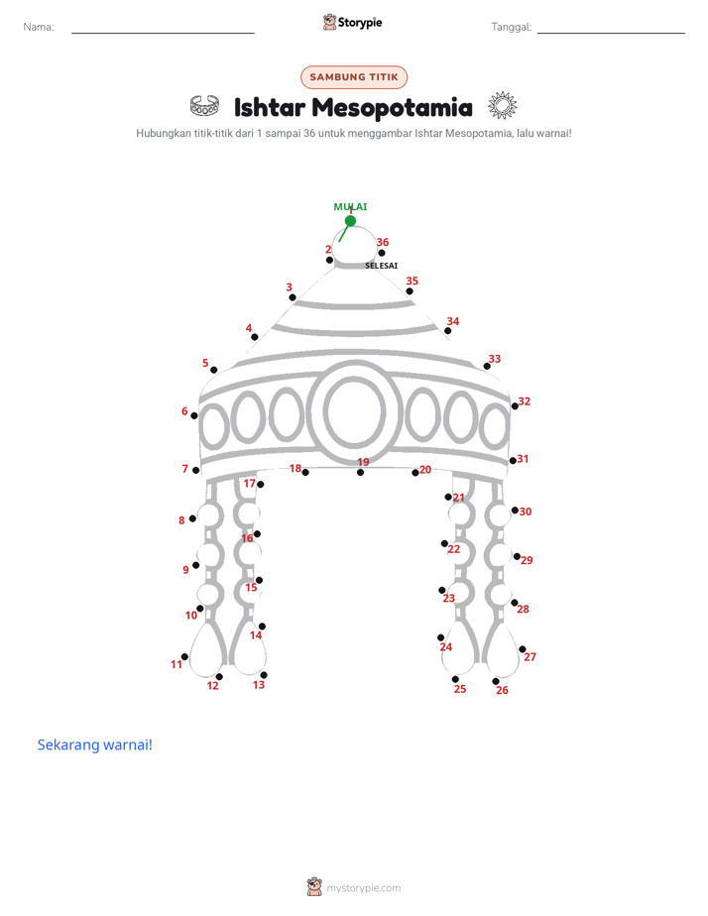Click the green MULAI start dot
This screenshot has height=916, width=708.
pos(350,221)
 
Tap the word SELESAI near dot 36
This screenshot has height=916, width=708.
pos(382,266)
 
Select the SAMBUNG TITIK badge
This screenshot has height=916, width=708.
pos(354,77)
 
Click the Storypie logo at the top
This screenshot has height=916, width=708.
pos(353,23)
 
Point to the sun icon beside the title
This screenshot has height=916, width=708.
pos(503,106)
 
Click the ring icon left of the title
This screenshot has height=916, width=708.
pos(204,106)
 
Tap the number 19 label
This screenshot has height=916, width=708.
pos(363,462)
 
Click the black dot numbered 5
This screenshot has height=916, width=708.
pos(214,370)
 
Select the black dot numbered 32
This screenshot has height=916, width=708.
pos(515,406)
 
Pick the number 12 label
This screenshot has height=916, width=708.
pos(212,686)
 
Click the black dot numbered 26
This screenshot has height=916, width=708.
pos(496,681)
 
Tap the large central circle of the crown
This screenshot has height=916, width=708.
pos(355,411)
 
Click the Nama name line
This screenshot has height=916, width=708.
pos(163,33)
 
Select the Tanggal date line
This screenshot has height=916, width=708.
pos(611,33)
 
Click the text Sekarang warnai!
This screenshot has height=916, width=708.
pos(94,744)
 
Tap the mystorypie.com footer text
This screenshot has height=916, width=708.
pos(363,888)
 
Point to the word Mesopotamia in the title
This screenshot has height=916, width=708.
pos(392,107)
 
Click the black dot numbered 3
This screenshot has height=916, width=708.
pos(293,297)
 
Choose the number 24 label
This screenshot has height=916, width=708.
pos(445,646)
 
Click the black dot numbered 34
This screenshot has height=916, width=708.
pos(447,331)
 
